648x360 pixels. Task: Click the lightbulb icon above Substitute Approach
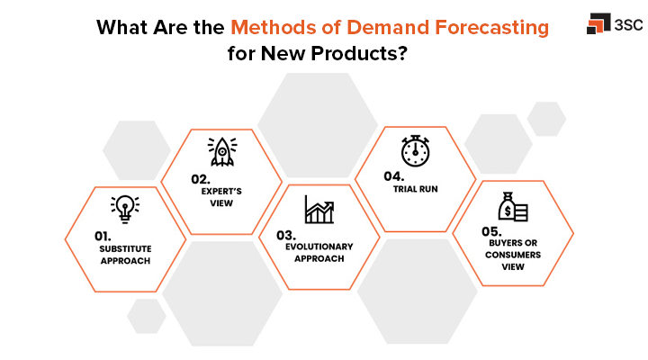tap(125, 209)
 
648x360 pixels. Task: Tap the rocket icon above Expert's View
tap(221, 151)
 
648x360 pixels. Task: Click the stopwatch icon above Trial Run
tap(415, 150)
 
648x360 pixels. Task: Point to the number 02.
tap(200, 178)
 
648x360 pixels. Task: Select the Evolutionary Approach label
tap(319, 252)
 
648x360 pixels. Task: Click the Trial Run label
tap(415, 190)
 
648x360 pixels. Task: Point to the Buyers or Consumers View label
tap(512, 255)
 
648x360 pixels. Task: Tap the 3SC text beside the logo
tap(626, 25)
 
